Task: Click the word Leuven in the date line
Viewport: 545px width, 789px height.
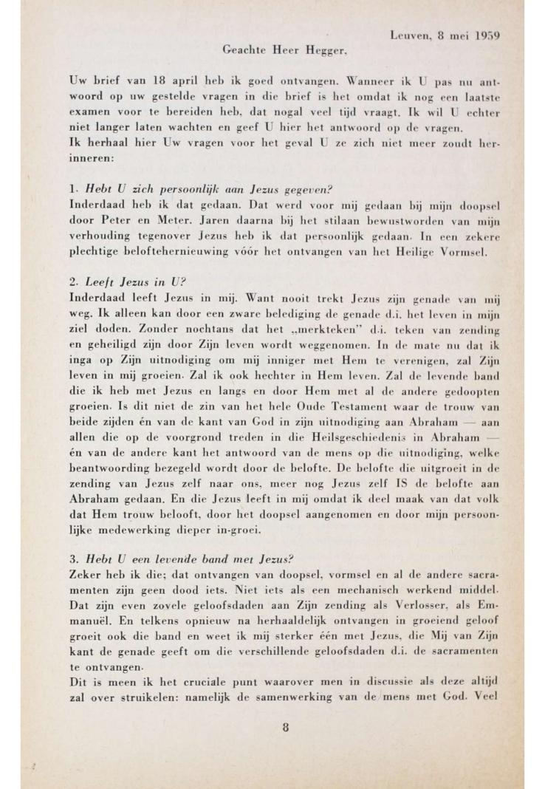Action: point(407,35)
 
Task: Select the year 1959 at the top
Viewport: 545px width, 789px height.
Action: point(487,35)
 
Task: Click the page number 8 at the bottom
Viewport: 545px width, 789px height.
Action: point(284,727)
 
